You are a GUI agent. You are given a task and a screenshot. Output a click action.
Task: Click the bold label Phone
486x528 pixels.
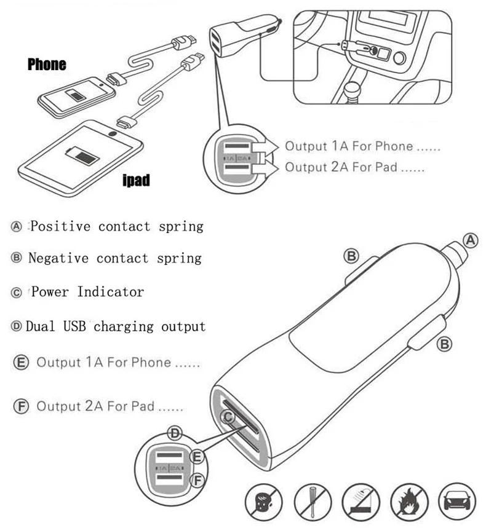[x=47, y=65]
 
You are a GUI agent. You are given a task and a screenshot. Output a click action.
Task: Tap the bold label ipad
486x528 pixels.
[x=136, y=180]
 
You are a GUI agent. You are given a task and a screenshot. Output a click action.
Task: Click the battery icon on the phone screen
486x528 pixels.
[x=76, y=95]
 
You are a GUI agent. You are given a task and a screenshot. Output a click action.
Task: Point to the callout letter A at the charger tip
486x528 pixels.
[x=471, y=240]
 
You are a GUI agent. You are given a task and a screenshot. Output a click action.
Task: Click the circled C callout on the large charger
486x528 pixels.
[x=228, y=417]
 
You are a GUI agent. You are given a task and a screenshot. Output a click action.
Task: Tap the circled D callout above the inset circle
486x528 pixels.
[x=175, y=433]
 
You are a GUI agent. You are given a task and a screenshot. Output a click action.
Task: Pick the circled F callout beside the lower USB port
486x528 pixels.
[x=197, y=480]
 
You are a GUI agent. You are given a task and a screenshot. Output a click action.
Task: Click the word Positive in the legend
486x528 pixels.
[x=61, y=226]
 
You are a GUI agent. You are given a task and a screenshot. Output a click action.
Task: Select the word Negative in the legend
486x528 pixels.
[x=58, y=258]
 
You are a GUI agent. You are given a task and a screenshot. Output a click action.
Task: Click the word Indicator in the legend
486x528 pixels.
[x=111, y=291]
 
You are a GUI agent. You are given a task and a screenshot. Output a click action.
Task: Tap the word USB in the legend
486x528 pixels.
[x=74, y=326]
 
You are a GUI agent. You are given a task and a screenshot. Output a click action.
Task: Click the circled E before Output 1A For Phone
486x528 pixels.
[x=21, y=363]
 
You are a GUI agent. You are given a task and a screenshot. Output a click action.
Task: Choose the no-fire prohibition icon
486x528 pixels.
[x=409, y=502]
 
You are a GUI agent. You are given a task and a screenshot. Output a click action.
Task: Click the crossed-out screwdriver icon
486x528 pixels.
[x=313, y=502]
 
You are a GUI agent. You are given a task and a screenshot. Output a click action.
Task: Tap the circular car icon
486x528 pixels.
[x=457, y=502]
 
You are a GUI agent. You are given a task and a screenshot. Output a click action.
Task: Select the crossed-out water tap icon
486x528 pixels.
[x=361, y=502]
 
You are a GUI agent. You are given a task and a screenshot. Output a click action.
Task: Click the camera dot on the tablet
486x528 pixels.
[x=113, y=133]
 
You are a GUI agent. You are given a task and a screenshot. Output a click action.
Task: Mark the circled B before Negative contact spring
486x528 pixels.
[x=16, y=258]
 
